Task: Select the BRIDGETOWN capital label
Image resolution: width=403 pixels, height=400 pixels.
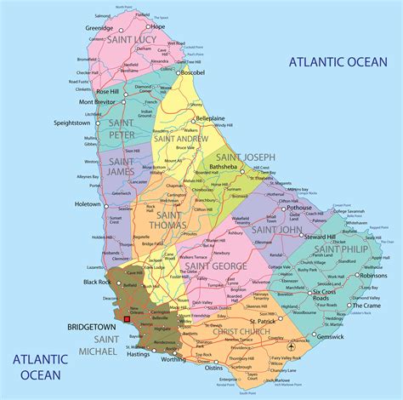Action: point(92,326)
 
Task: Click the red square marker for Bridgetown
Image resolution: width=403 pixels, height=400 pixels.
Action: point(128,320)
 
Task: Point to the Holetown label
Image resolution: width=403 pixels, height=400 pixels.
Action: point(87,204)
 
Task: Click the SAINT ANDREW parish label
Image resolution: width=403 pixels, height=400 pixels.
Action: point(180,137)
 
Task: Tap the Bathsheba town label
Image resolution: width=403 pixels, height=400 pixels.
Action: point(224,169)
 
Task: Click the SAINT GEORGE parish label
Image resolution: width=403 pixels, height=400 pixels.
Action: point(216,266)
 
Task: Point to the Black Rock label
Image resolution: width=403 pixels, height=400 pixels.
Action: point(97,282)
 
